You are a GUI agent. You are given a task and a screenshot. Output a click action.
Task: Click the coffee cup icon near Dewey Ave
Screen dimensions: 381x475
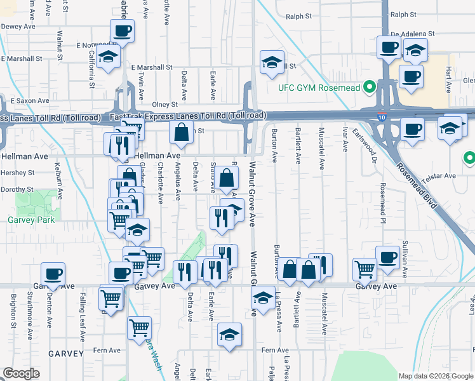[x=122, y=30]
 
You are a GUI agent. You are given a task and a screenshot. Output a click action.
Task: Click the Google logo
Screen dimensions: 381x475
[x=21, y=373]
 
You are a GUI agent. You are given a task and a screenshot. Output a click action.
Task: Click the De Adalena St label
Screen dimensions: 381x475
[x=412, y=33]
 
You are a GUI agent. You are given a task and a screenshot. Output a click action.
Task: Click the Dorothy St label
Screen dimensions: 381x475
[x=17, y=189]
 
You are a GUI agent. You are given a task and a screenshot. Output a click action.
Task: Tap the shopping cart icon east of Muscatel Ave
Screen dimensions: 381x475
[x=365, y=269]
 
